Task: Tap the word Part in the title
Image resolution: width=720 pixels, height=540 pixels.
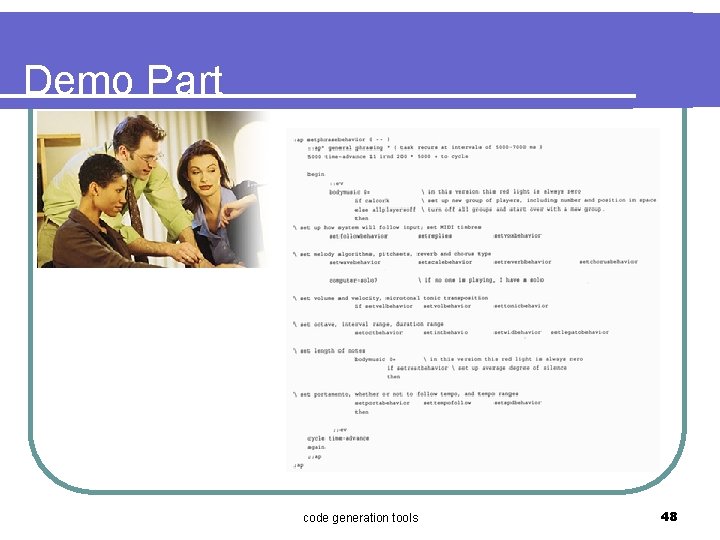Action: (183, 81)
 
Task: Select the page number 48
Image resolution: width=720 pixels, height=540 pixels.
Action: (669, 516)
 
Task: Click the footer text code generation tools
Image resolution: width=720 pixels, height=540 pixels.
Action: (360, 517)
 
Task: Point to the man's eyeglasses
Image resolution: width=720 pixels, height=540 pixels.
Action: (147, 156)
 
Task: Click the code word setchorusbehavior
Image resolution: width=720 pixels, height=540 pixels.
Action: (607, 262)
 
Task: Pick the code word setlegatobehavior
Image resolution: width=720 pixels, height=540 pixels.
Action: (579, 332)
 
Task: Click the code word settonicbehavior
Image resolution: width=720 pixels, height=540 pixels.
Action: (520, 306)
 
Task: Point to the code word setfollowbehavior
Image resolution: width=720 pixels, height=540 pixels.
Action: (358, 236)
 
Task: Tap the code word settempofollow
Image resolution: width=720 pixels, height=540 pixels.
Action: (446, 403)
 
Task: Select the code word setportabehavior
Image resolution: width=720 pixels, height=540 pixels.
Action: (381, 403)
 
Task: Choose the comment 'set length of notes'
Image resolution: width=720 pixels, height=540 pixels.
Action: (330, 350)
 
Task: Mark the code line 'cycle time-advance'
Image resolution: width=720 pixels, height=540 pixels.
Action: (338, 438)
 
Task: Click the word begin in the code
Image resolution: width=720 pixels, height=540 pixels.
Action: (315, 174)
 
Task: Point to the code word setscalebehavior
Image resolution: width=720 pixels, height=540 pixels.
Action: (446, 262)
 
